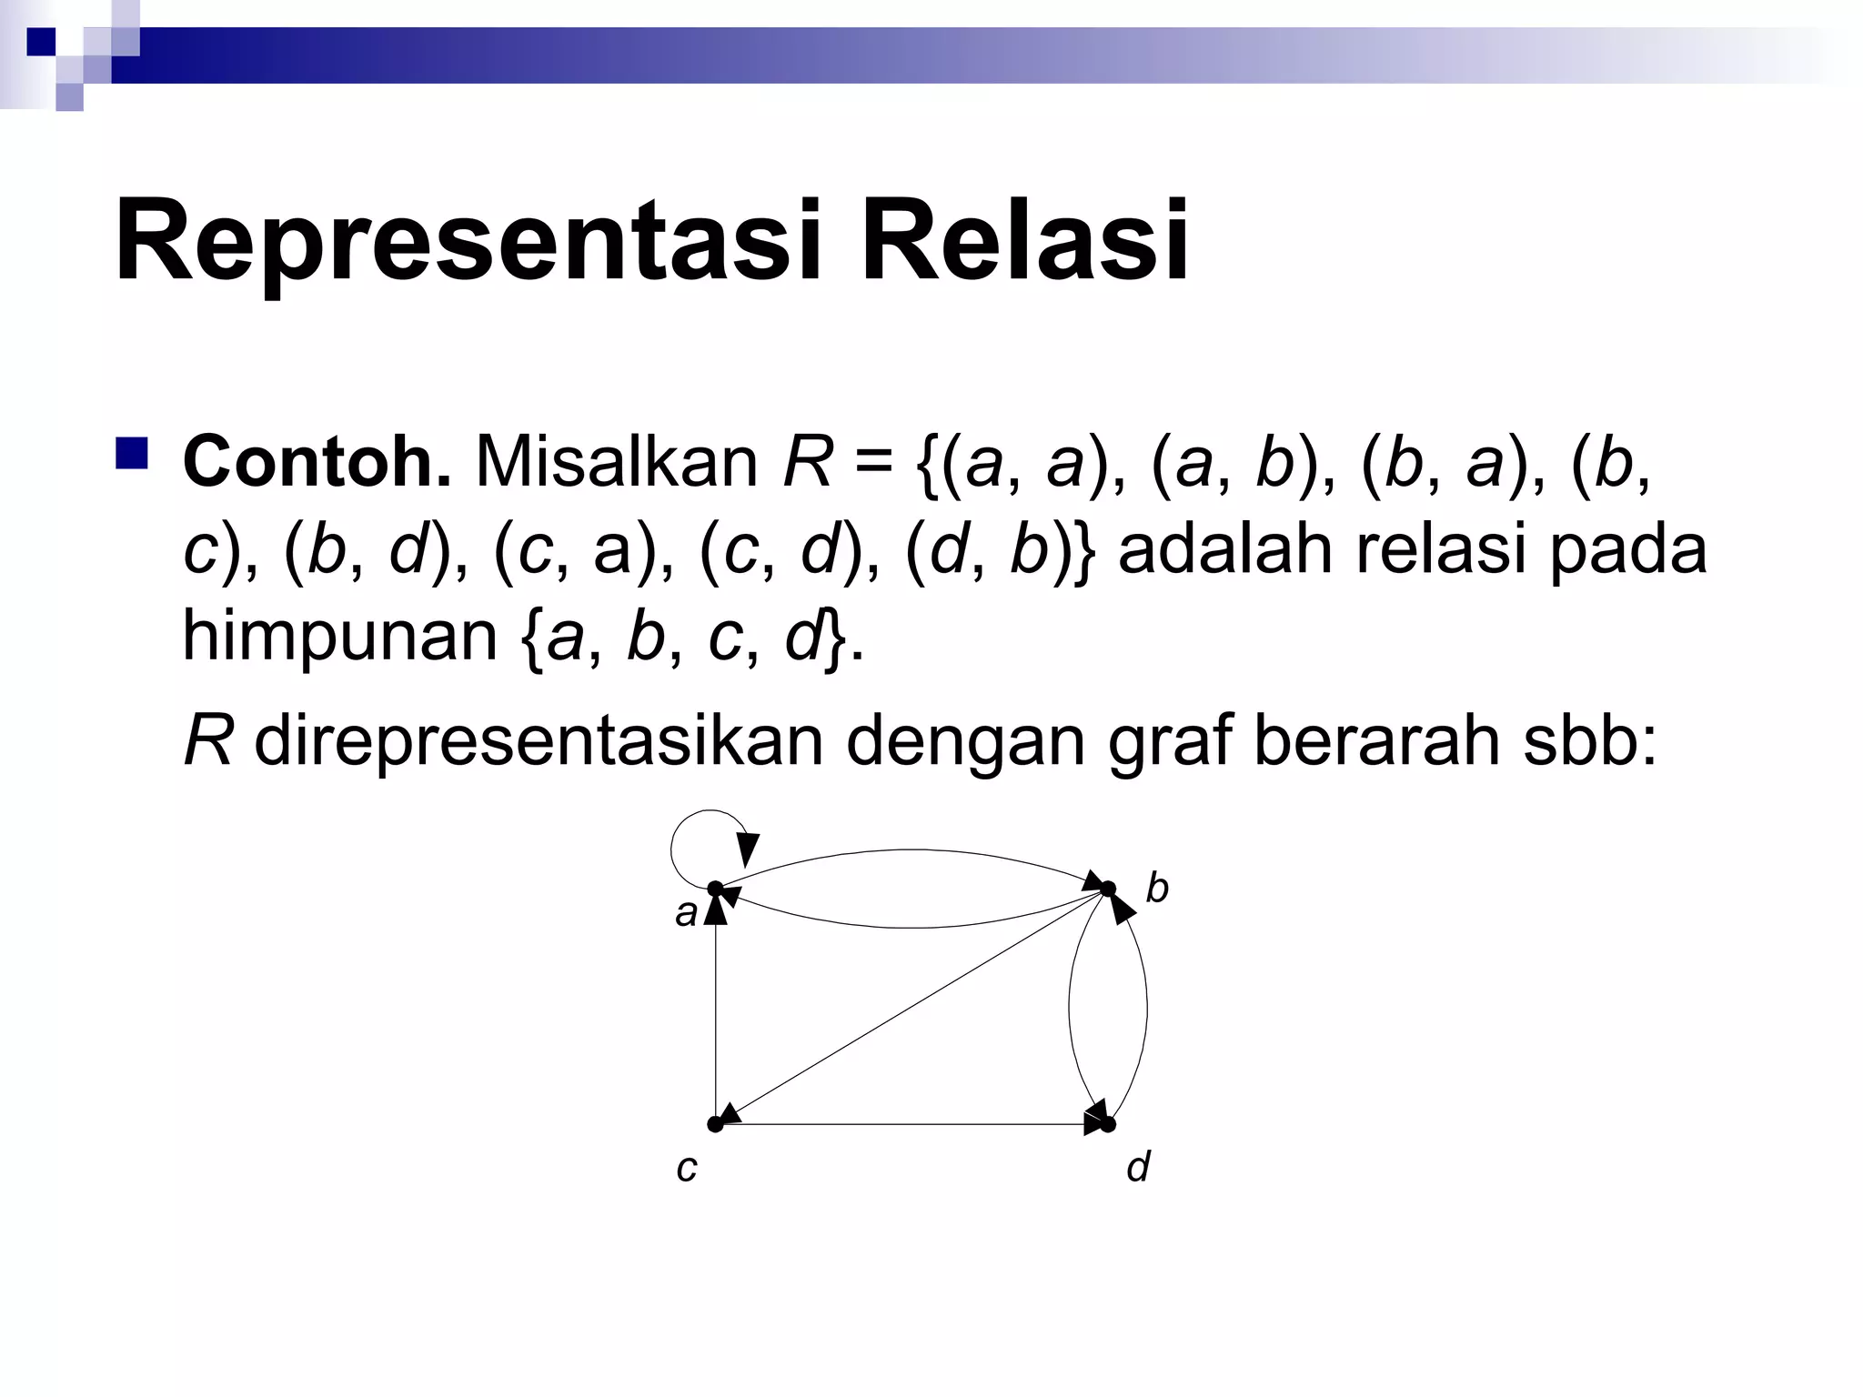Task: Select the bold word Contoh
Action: click(x=317, y=462)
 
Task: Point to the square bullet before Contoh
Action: click(x=132, y=453)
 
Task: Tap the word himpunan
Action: click(x=339, y=636)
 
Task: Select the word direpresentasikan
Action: click(x=538, y=741)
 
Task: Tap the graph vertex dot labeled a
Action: click(x=715, y=888)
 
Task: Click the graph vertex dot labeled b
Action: click(x=1108, y=888)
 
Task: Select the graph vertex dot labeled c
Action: click(x=715, y=1125)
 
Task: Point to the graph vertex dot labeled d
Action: click(x=1108, y=1125)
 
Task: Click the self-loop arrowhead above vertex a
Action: click(x=748, y=849)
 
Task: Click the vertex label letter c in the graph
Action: click(x=687, y=1169)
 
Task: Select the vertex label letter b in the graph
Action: click(x=1157, y=887)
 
